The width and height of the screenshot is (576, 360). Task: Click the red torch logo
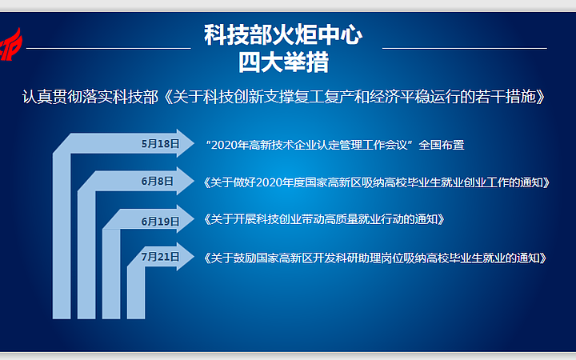(10, 45)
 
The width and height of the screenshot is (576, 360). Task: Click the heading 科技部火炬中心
(283, 35)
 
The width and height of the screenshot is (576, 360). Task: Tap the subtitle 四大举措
(283, 62)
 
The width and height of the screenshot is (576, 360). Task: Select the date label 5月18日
(161, 144)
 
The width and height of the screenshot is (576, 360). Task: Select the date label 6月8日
(158, 181)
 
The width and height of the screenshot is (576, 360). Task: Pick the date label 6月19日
(161, 222)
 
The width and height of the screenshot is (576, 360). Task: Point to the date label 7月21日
(161, 257)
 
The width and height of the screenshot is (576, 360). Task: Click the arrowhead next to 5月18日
(185, 143)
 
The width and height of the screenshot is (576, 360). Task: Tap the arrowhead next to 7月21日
(185, 257)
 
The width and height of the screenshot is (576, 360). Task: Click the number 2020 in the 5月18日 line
(224, 145)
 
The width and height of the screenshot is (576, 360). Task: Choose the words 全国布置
(442, 145)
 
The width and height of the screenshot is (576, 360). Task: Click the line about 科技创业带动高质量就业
(324, 220)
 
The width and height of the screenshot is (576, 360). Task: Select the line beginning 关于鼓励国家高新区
(375, 258)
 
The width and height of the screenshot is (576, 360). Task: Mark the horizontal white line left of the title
(109, 48)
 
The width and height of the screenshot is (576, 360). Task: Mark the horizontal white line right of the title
(465, 48)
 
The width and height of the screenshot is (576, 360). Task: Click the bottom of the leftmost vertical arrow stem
(62, 318)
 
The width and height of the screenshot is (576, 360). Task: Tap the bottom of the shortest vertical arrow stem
(136, 318)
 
